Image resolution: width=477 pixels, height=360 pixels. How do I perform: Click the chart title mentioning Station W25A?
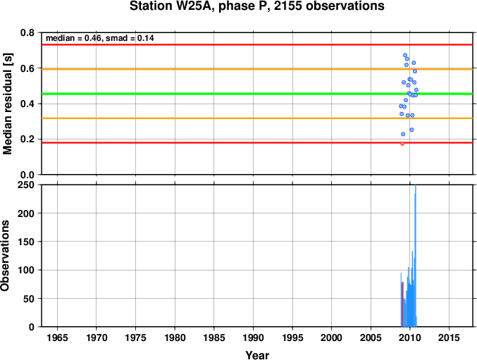click(256, 6)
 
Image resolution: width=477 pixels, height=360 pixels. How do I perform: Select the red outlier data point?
click(402, 144)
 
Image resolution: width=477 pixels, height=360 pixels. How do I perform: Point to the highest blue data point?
click(405, 56)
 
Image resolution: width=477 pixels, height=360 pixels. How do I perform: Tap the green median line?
click(256, 94)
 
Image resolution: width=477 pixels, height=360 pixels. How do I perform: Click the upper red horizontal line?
click(256, 44)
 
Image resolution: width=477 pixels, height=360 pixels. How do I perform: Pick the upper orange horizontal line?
click(256, 69)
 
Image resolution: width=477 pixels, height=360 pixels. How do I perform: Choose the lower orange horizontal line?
click(256, 118)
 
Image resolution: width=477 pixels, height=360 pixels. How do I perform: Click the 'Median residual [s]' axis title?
click(7, 104)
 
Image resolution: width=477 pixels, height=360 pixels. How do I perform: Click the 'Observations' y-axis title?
click(5, 256)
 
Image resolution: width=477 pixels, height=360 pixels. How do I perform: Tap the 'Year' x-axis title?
click(257, 355)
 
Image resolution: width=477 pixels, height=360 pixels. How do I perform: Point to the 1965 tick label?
click(57, 337)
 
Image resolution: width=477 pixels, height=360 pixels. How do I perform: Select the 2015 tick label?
click(449, 337)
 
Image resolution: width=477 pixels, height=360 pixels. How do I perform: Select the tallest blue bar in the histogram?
click(416, 256)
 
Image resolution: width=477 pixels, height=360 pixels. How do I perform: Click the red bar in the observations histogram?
click(402, 304)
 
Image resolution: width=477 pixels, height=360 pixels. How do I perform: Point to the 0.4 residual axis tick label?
click(27, 104)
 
